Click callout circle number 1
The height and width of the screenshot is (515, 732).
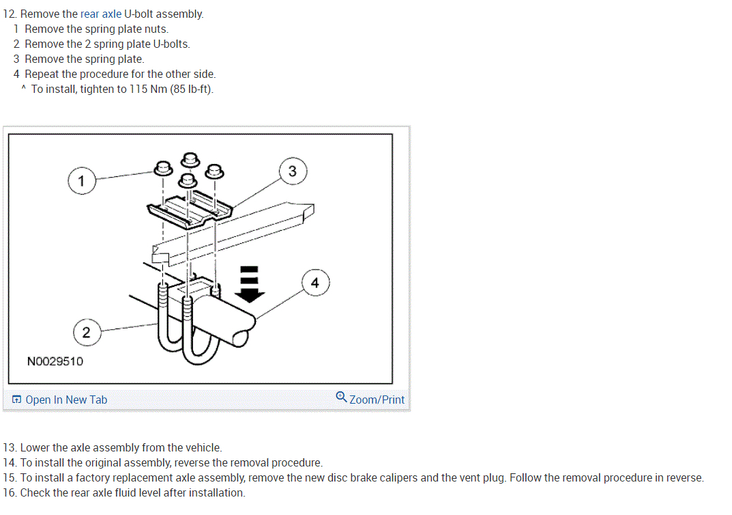pos(81,181)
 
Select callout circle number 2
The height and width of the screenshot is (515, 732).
pos(85,333)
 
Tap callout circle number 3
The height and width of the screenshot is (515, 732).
pos(293,171)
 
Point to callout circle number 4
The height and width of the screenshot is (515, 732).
pos(314,283)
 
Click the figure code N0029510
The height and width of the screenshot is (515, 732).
pos(55,361)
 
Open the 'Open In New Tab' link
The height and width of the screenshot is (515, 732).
pos(66,400)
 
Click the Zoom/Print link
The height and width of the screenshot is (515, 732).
pos(377,400)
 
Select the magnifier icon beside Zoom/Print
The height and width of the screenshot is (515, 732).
pos(341,397)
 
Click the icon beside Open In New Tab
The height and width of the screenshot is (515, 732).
pos(16,400)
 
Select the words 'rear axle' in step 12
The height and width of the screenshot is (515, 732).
pos(101,14)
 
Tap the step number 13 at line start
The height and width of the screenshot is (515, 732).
pos(9,447)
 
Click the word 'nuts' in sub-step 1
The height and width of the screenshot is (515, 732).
pos(156,29)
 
